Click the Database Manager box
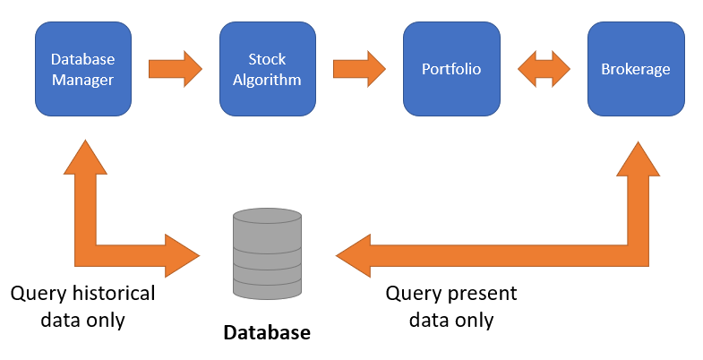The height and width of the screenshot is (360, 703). coord(83,69)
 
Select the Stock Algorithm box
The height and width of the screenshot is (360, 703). coord(268,69)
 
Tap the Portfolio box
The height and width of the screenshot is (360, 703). coord(451,69)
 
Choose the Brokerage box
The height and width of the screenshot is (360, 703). coord(636,69)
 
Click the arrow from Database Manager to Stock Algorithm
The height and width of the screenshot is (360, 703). coord(176,69)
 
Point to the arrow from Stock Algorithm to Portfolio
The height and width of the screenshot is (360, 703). coord(359,69)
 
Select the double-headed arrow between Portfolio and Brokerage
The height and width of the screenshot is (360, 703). coord(544,69)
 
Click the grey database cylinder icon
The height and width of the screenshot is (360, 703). coord(267,253)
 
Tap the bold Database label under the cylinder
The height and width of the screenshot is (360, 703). coord(267,332)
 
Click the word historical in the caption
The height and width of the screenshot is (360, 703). coord(114,294)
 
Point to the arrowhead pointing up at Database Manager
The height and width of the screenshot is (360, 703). coord(85,157)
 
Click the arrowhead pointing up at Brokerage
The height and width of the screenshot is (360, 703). coord(638,159)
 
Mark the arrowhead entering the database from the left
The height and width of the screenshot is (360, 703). coord(183,255)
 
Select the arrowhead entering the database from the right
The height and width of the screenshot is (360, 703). coord(354,255)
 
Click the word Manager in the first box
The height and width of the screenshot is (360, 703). coord(83,80)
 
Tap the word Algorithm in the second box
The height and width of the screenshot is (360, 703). coord(267,80)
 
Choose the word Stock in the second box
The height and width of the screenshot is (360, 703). coord(267,59)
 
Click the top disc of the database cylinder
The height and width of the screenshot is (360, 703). coord(267,216)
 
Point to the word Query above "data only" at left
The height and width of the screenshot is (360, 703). coord(39,295)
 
